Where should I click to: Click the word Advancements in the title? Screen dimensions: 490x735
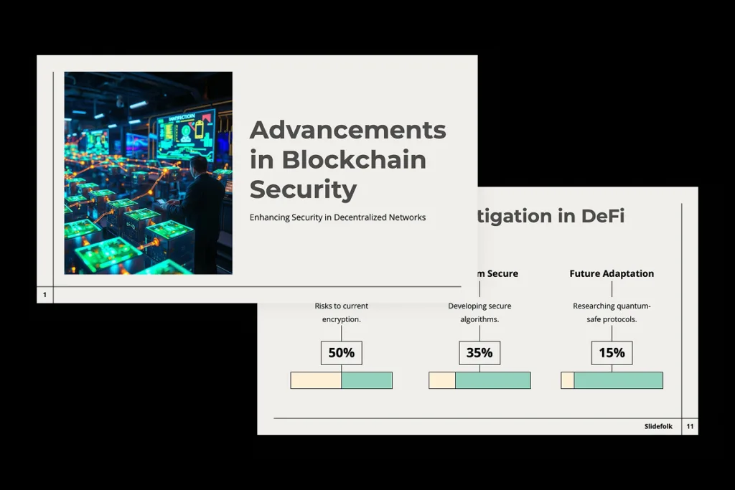347,130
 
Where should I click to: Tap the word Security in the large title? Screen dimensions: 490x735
303,189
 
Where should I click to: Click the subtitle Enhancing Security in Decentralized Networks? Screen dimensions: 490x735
337,217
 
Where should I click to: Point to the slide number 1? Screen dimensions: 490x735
45,295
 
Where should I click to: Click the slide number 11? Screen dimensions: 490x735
690,427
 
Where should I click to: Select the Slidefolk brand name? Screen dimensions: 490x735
658,427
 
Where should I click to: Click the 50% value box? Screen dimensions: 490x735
341,353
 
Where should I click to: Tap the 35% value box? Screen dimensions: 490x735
479,353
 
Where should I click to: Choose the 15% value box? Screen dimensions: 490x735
612,353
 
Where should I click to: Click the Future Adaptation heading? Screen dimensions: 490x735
612,273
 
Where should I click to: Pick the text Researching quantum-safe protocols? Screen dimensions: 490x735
612,312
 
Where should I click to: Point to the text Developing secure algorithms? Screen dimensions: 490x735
479,312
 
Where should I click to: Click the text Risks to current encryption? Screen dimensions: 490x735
341,312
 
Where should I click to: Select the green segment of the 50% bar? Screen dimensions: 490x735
366,380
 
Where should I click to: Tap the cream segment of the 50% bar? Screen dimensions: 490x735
316,380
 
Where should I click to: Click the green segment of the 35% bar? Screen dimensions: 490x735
492,380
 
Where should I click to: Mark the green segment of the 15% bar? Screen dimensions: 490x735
618,380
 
